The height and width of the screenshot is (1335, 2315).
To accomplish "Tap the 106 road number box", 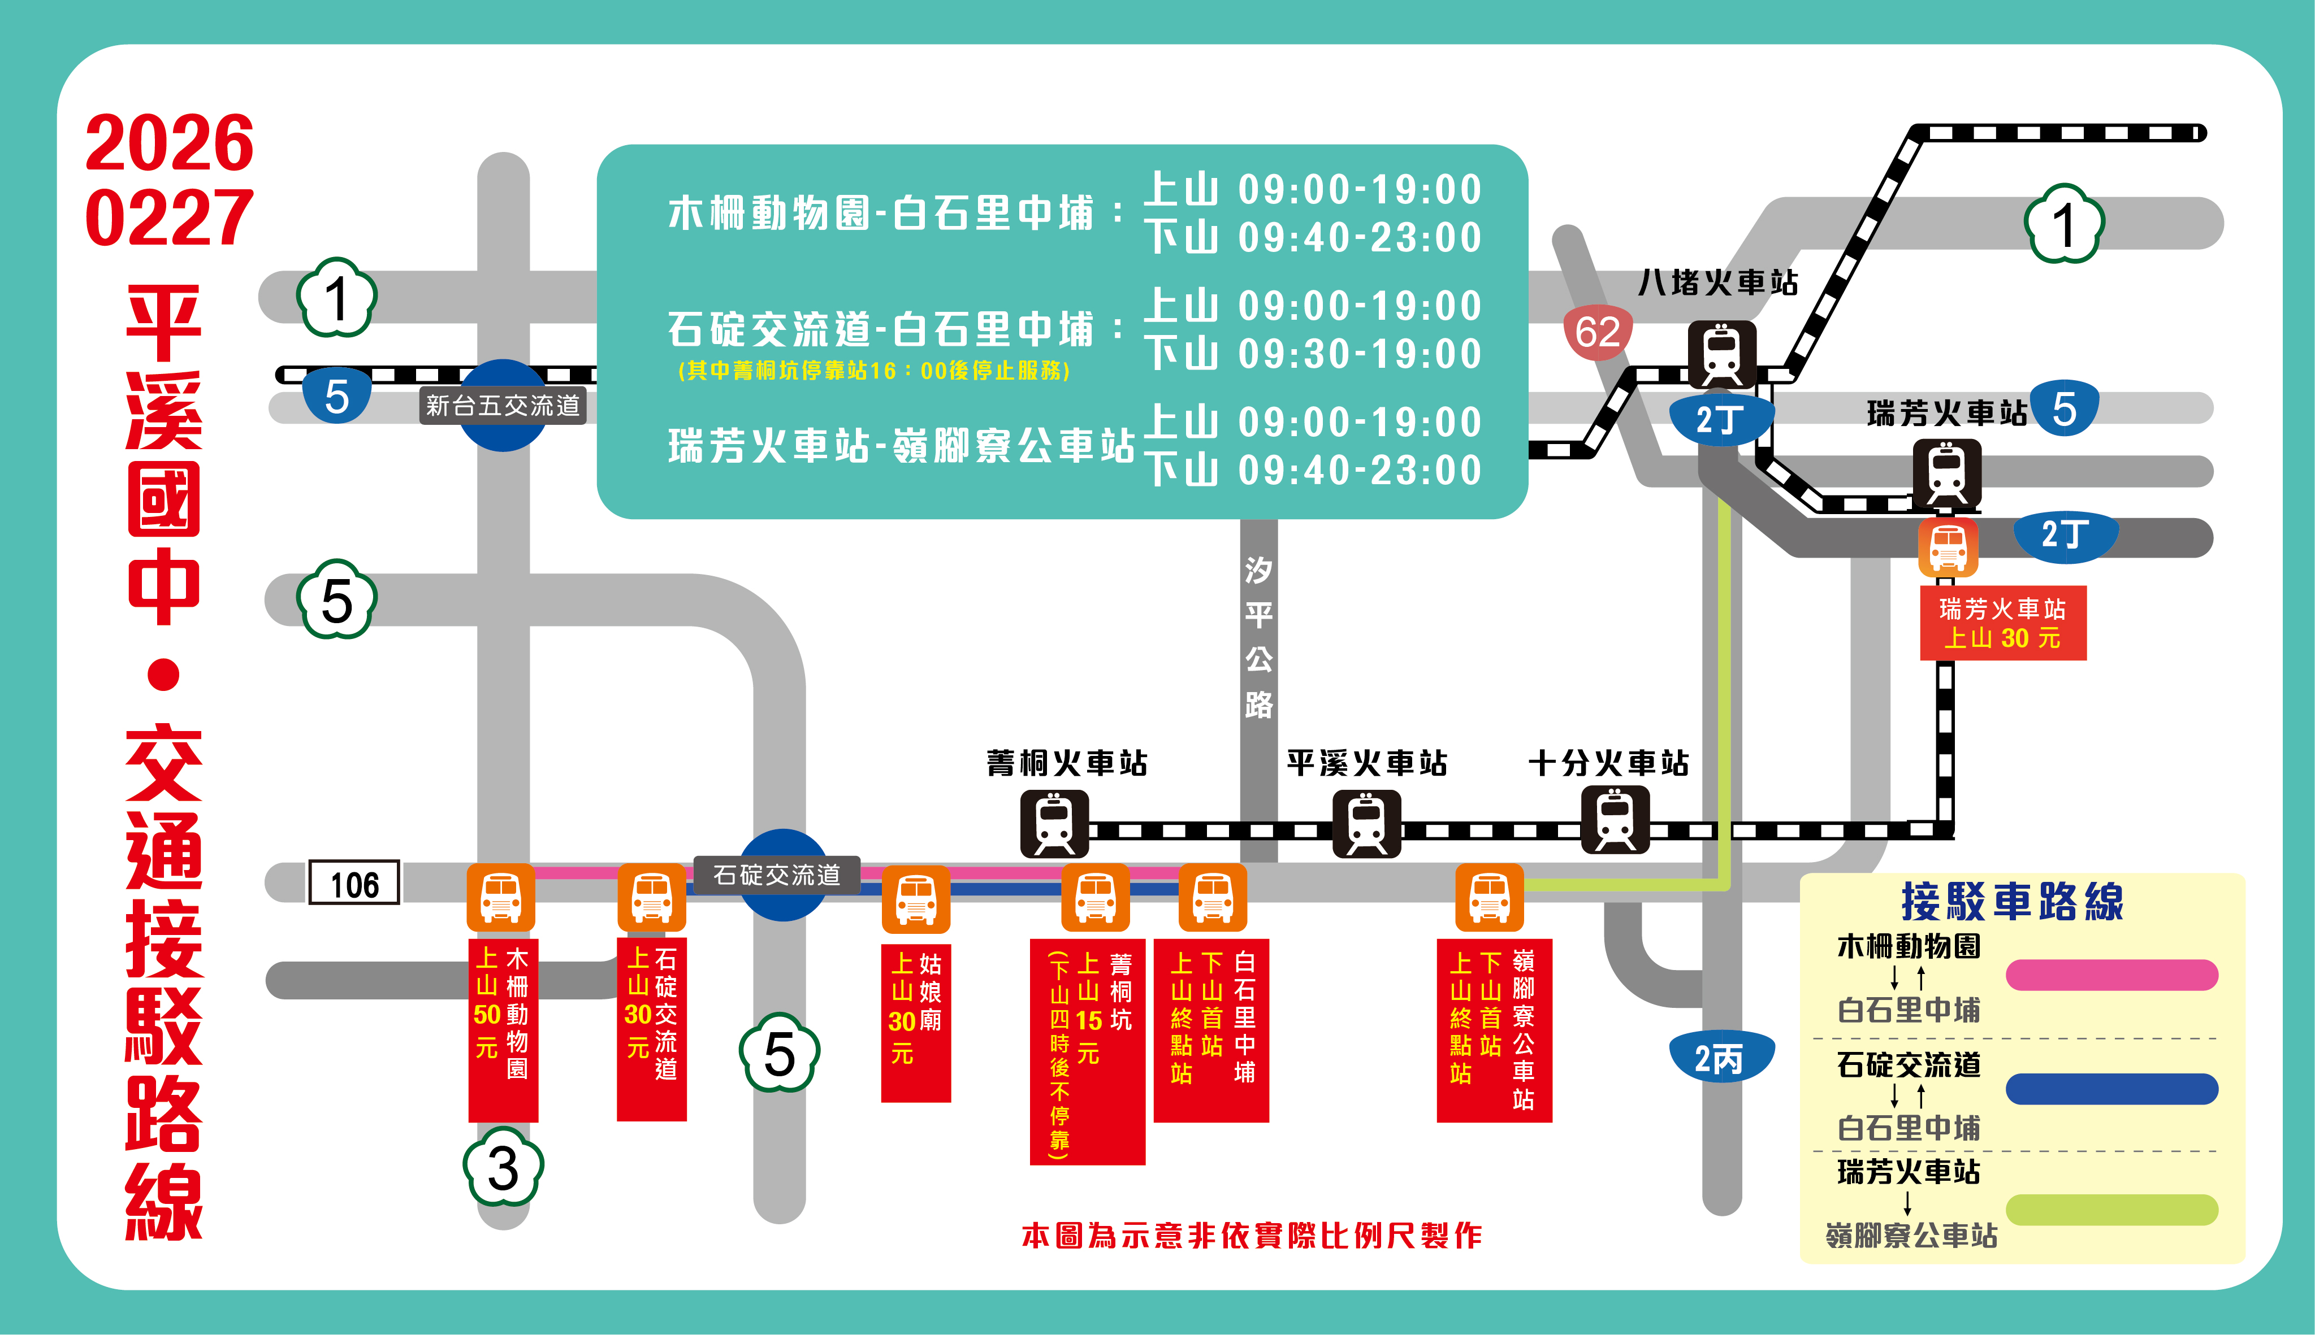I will tap(354, 884).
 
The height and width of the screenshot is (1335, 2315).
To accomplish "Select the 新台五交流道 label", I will tap(503, 405).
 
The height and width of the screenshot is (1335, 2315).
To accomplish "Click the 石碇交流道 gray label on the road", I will tap(776, 875).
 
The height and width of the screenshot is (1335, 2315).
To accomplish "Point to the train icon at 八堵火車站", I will tap(1721, 354).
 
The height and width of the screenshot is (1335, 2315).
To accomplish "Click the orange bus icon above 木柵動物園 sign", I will tap(501, 897).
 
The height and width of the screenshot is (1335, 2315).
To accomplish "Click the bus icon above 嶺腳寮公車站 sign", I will tap(1488, 897).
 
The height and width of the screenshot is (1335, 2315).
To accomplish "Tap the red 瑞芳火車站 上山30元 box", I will tap(2002, 624).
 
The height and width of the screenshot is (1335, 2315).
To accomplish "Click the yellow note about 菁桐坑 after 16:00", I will tap(873, 371).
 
